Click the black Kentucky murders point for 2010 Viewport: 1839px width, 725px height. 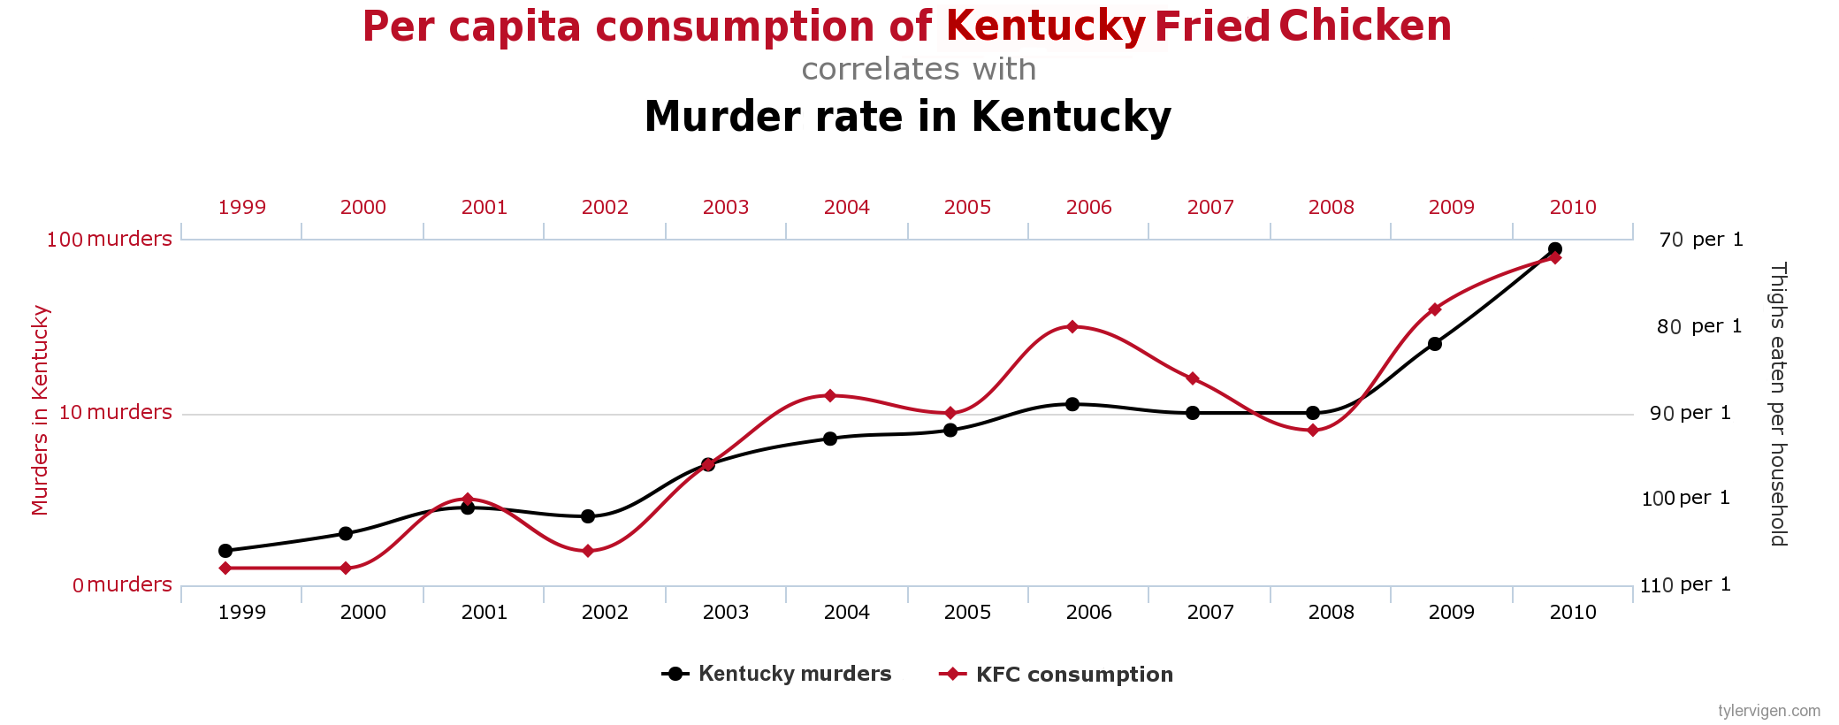[x=1555, y=249]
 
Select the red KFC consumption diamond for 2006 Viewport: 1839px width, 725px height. [x=1072, y=326]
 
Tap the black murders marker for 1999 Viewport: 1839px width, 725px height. [x=225, y=551]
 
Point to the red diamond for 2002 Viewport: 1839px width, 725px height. [x=588, y=551]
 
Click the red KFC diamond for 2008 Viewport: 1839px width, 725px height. [x=1313, y=431]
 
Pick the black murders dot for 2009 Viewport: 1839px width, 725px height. [x=1435, y=344]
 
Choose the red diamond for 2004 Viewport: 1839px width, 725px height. [x=829, y=395]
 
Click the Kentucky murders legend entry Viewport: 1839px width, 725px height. [x=777, y=674]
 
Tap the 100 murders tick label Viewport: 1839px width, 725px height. [x=110, y=239]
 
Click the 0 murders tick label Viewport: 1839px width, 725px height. [x=122, y=584]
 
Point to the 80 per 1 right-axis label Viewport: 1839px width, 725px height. [x=1698, y=326]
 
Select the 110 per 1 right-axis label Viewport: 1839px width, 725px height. [x=1685, y=584]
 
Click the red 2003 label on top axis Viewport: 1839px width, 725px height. [x=726, y=207]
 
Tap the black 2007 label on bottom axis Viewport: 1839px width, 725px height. [x=1210, y=612]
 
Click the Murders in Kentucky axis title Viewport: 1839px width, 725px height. [x=41, y=410]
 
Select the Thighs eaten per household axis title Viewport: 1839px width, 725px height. [x=1778, y=404]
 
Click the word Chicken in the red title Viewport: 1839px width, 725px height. [x=1364, y=26]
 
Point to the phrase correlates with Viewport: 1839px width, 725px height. [x=919, y=69]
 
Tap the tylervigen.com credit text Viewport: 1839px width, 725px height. [x=1769, y=711]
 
